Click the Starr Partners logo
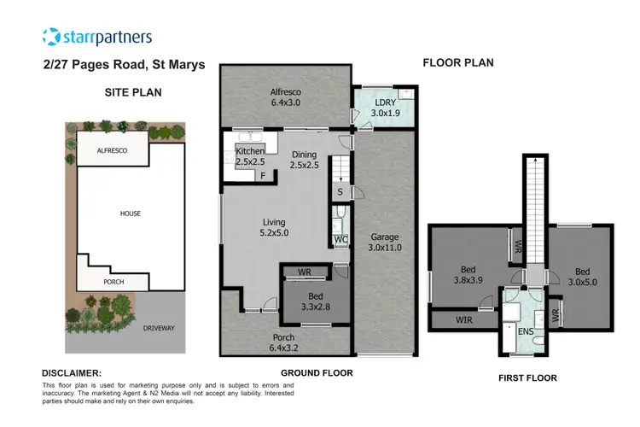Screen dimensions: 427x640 [96, 37]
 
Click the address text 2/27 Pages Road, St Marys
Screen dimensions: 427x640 [123, 64]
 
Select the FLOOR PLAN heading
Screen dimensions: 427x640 [459, 62]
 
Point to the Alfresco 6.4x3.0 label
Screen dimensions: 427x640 [286, 97]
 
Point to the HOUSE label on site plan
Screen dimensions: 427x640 [130, 213]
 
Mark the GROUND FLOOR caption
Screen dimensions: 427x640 [317, 373]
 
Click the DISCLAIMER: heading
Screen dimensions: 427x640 [72, 373]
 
